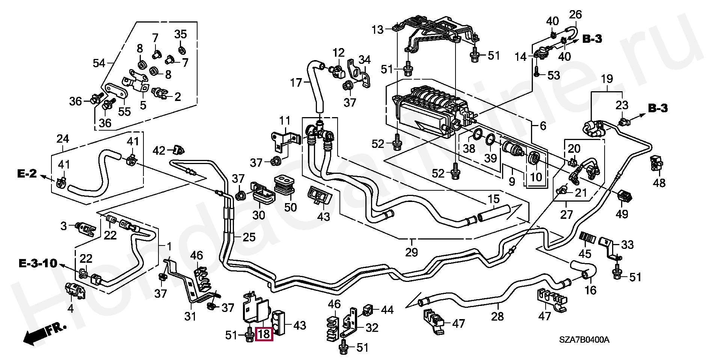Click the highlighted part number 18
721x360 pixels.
[264, 334]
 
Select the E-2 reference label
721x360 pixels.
[27, 173]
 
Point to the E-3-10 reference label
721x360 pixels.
[38, 263]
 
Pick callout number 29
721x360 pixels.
[412, 252]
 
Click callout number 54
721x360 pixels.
[99, 63]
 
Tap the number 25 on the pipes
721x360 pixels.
[249, 237]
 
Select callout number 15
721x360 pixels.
[493, 199]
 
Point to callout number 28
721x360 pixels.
[497, 316]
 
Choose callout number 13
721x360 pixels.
[378, 29]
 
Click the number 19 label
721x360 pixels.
[607, 79]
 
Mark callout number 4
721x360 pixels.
[71, 309]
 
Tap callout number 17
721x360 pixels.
[296, 82]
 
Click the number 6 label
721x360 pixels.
[543, 126]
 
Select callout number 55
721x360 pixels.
[124, 111]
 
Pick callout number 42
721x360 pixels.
[159, 151]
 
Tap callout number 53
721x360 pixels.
[554, 75]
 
